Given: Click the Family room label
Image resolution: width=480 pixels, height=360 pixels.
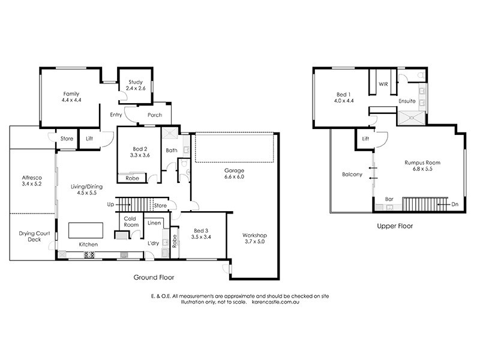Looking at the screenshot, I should [x=71, y=97].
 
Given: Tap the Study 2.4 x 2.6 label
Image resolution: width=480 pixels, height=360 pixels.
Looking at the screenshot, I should [x=136, y=85].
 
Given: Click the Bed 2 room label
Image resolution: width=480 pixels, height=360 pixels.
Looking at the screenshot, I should [x=139, y=150].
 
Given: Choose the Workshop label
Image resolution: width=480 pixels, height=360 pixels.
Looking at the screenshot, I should [x=254, y=238].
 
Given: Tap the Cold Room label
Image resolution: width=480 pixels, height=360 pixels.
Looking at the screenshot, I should [x=131, y=222].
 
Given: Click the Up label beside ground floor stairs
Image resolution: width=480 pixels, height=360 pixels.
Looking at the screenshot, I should [x=110, y=205].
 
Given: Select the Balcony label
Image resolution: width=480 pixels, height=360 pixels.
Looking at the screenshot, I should [x=352, y=175].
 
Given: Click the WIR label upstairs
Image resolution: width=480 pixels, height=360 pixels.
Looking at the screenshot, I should [x=383, y=85].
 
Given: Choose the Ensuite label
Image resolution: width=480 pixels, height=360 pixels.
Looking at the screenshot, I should [x=407, y=101].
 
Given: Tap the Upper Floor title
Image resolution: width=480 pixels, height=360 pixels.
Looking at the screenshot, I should [x=394, y=227].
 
